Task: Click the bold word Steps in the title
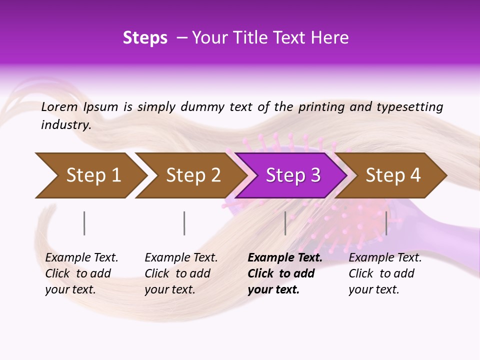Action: click(145, 38)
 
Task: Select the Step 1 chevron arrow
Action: click(87, 175)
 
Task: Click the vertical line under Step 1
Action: click(84, 223)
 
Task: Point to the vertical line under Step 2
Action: click(184, 223)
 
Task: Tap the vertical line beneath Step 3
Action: click(285, 223)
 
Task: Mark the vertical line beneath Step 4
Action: click(386, 223)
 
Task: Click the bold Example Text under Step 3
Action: click(285, 257)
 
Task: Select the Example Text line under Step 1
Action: click(81, 257)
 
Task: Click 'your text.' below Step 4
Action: click(373, 289)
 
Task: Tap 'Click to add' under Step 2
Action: click(177, 273)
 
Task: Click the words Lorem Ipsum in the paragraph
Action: click(79, 107)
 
